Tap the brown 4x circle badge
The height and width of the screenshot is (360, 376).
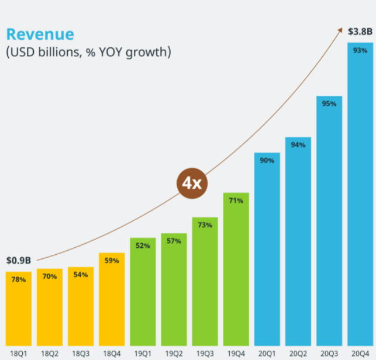pos(191,183)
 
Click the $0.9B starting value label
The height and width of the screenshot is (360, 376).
pos(19,260)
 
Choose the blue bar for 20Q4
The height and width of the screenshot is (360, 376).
pos(360,193)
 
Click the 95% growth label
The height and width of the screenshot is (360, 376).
pos(329,103)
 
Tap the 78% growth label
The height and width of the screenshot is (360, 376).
pos(19,279)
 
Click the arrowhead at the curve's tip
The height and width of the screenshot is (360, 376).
pos(341,29)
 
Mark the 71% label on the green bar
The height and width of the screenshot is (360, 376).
pos(236,200)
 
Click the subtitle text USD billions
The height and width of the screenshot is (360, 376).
pos(88,53)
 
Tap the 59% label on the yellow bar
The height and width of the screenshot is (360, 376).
pos(112,261)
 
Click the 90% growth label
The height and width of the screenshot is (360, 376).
pos(267,160)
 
